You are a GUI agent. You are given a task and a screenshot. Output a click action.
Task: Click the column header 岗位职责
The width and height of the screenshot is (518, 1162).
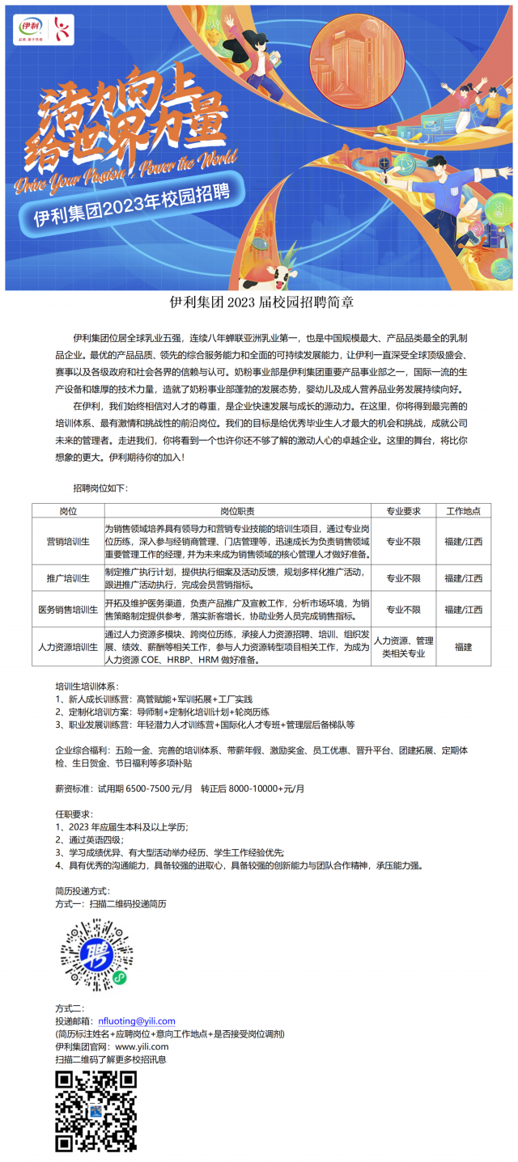[237, 511]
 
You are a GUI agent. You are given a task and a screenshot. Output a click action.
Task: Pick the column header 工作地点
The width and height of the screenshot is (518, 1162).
[463, 511]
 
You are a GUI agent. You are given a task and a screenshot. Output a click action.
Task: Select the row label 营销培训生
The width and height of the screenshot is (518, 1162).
[68, 541]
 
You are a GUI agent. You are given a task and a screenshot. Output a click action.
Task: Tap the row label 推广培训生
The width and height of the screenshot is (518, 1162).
[68, 578]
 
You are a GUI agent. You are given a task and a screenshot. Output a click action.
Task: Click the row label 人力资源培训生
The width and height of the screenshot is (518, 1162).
[68, 647]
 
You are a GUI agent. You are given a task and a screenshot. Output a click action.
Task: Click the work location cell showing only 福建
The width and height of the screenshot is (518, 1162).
[463, 647]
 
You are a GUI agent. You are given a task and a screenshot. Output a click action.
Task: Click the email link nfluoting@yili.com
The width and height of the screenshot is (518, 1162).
[136, 1021]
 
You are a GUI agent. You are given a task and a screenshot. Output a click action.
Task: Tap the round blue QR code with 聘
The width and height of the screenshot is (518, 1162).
[95, 953]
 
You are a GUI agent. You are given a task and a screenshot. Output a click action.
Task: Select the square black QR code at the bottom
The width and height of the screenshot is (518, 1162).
[95, 1110]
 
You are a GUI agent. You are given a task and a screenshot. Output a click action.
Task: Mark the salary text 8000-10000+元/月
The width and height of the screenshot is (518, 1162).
[266, 789]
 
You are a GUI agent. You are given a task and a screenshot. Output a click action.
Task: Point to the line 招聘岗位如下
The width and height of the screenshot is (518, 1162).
[100, 488]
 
